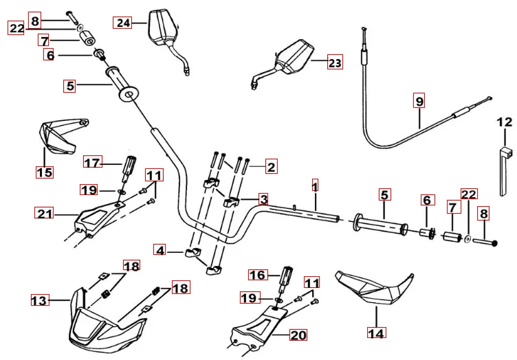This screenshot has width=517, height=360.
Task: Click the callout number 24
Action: (x=124, y=23)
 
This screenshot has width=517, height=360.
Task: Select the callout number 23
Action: (x=334, y=63)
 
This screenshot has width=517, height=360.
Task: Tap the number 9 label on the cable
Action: (x=419, y=101)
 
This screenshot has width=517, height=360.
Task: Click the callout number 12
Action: (x=505, y=122)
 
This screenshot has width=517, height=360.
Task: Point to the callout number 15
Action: (x=44, y=172)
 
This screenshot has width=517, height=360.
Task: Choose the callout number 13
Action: (x=40, y=300)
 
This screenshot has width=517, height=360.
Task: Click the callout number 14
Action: (x=376, y=333)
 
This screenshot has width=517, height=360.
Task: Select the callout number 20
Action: (x=298, y=335)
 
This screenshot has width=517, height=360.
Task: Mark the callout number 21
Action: (x=45, y=214)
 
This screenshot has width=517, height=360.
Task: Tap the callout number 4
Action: (x=160, y=251)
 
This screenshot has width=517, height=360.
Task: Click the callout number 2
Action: (x=271, y=166)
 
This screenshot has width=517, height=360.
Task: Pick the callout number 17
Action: (x=93, y=163)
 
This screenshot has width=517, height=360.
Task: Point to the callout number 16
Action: (x=257, y=275)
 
